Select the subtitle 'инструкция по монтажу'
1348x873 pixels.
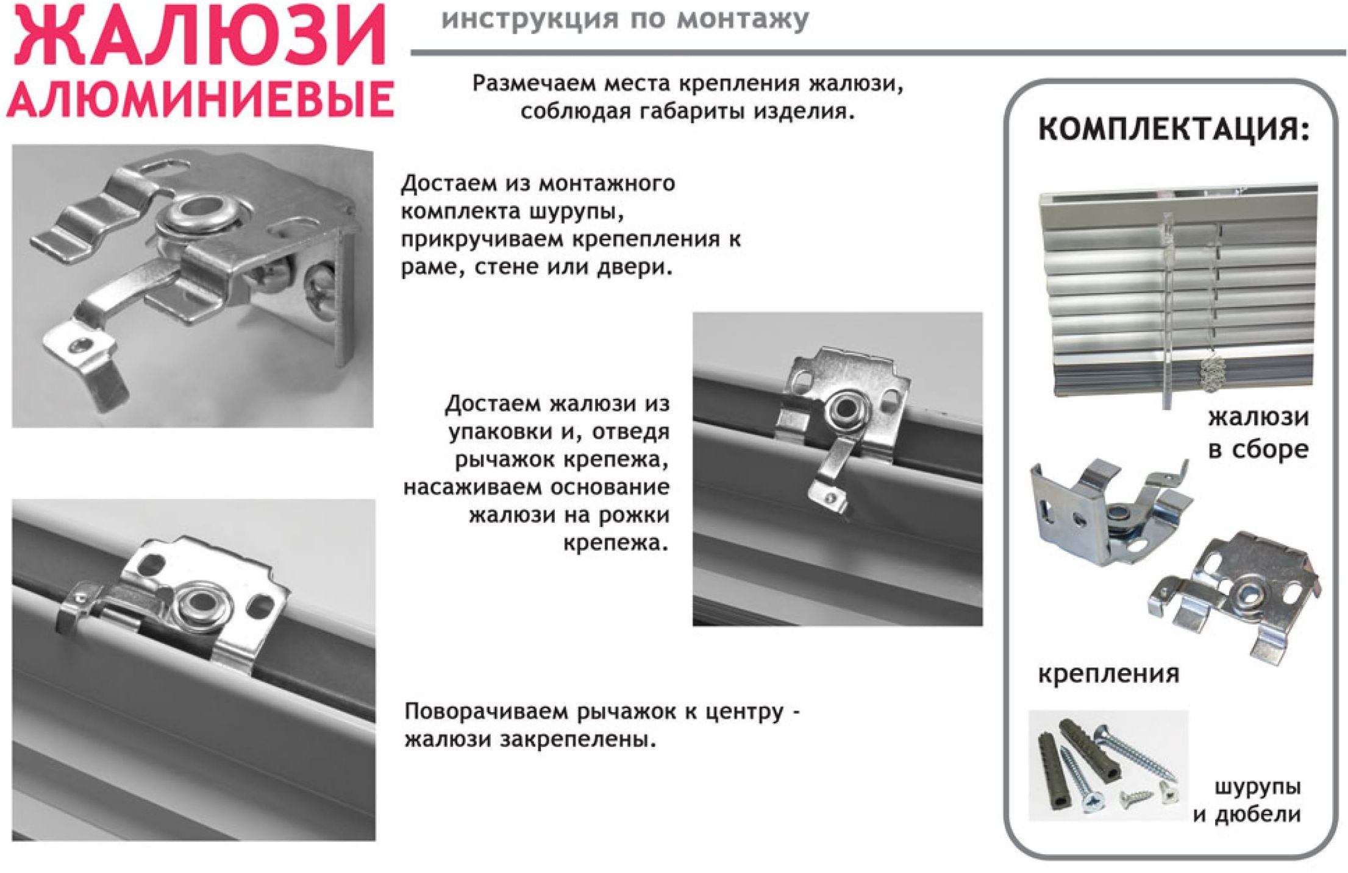[x=625, y=19]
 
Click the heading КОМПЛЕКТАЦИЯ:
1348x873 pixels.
[x=1174, y=130]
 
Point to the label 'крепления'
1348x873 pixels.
[x=1108, y=674]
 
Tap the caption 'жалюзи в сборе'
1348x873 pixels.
[x=1258, y=433]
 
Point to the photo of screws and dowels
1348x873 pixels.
[x=1108, y=765]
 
